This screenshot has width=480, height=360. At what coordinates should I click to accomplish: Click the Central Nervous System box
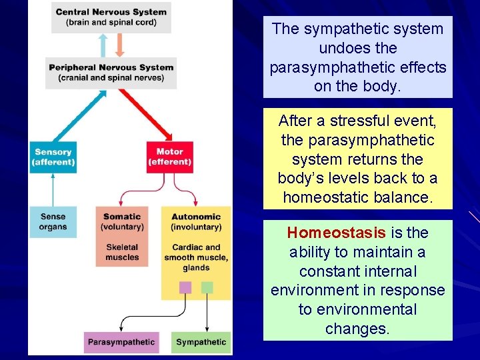pyautogui.click(x=111, y=17)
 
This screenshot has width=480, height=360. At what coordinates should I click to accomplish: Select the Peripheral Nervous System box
pyautogui.click(x=111, y=72)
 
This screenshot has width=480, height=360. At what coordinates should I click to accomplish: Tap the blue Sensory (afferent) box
pyautogui.click(x=53, y=157)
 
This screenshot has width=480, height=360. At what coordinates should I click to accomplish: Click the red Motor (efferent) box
pyautogui.click(x=169, y=157)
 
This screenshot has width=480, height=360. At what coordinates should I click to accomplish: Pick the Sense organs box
pyautogui.click(x=53, y=221)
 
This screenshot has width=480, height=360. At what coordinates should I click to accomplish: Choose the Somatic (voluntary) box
pyautogui.click(x=122, y=236)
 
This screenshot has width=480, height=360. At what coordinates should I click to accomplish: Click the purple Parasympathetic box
pyautogui.click(x=121, y=342)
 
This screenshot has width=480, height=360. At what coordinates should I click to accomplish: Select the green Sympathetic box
pyautogui.click(x=201, y=342)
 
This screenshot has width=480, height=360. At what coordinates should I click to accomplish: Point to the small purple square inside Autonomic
pyautogui.click(x=185, y=287)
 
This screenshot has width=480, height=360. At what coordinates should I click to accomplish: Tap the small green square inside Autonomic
pyautogui.click(x=207, y=287)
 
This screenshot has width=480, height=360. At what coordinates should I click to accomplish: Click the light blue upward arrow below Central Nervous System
pyautogui.click(x=103, y=45)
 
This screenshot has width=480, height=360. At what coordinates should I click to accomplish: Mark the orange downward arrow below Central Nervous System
pyautogui.click(x=119, y=45)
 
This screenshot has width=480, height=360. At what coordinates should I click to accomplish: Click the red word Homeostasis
pyautogui.click(x=336, y=233)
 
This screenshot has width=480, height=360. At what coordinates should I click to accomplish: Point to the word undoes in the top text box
pyautogui.click(x=339, y=48)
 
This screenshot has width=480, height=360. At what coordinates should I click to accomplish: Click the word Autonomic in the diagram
pyautogui.click(x=196, y=217)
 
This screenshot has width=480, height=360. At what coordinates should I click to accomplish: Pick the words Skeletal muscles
pyautogui.click(x=122, y=252)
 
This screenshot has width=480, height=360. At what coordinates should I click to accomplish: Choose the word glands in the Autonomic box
pyautogui.click(x=196, y=267)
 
